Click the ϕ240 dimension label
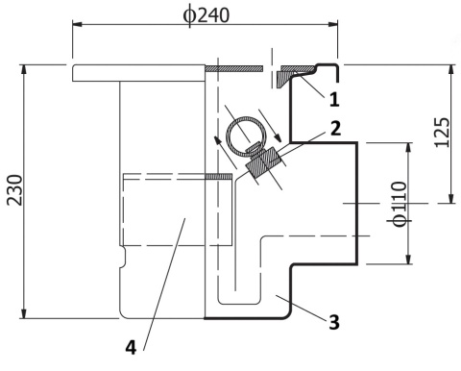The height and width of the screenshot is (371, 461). (206, 15)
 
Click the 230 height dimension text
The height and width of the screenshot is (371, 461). (15, 190)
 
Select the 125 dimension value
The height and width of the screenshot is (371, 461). (443, 133)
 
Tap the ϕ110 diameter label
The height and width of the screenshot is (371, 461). (399, 204)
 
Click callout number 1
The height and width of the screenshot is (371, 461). (334, 99)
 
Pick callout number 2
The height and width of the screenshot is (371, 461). (335, 129)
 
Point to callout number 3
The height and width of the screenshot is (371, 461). (334, 322)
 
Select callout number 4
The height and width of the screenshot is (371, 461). (131, 347)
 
